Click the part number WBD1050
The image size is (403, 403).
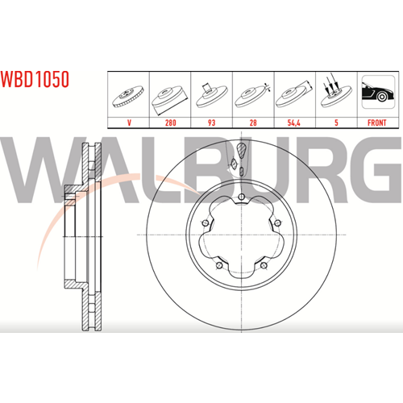click(x=35, y=79)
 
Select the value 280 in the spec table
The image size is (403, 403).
click(x=170, y=123)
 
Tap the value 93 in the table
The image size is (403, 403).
click(x=211, y=123)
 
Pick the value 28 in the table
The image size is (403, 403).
click(x=253, y=123)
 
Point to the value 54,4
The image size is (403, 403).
click(x=294, y=123)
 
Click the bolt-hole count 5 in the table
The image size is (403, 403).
click(x=336, y=123)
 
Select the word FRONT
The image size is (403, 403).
click(x=376, y=123)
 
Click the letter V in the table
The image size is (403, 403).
click(x=129, y=123)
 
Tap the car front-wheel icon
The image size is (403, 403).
click(x=378, y=92)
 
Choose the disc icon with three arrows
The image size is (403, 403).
click(x=336, y=91)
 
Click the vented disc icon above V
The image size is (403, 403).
click(x=128, y=97)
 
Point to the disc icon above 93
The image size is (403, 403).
click(x=212, y=95)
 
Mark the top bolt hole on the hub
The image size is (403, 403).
click(x=242, y=197)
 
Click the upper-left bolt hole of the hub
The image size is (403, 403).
click(x=205, y=222)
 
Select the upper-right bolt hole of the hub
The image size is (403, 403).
click(x=278, y=222)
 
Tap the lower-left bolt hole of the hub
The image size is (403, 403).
click(x=219, y=265)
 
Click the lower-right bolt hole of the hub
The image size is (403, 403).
click(x=264, y=265)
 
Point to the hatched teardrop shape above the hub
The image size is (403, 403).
click(x=241, y=150)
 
